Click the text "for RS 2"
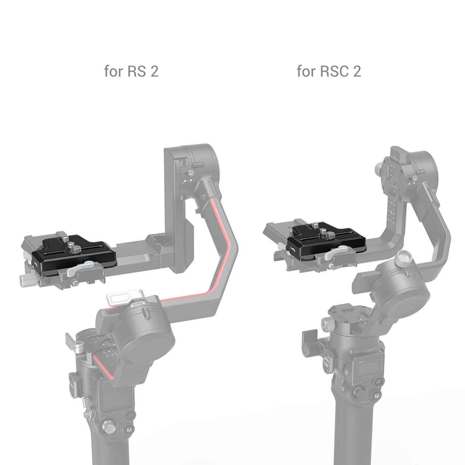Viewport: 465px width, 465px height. (131, 71)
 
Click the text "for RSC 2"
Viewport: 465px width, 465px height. (329, 71)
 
